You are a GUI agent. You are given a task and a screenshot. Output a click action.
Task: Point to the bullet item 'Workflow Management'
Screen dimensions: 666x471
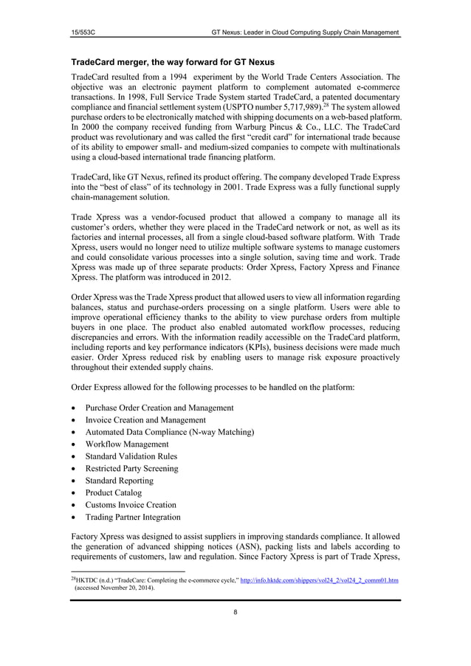coord(126,444)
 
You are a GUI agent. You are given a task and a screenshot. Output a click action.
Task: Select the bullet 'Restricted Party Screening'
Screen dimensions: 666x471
coord(131,468)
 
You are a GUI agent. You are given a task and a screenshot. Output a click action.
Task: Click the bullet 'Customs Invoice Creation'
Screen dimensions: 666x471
coord(131,504)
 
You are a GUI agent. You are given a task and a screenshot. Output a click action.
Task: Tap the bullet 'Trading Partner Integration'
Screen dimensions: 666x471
coord(133,517)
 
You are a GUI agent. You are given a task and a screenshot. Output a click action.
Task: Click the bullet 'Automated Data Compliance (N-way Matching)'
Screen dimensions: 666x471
coord(170,432)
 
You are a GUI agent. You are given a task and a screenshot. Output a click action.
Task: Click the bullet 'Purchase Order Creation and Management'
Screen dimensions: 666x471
coord(159,408)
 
